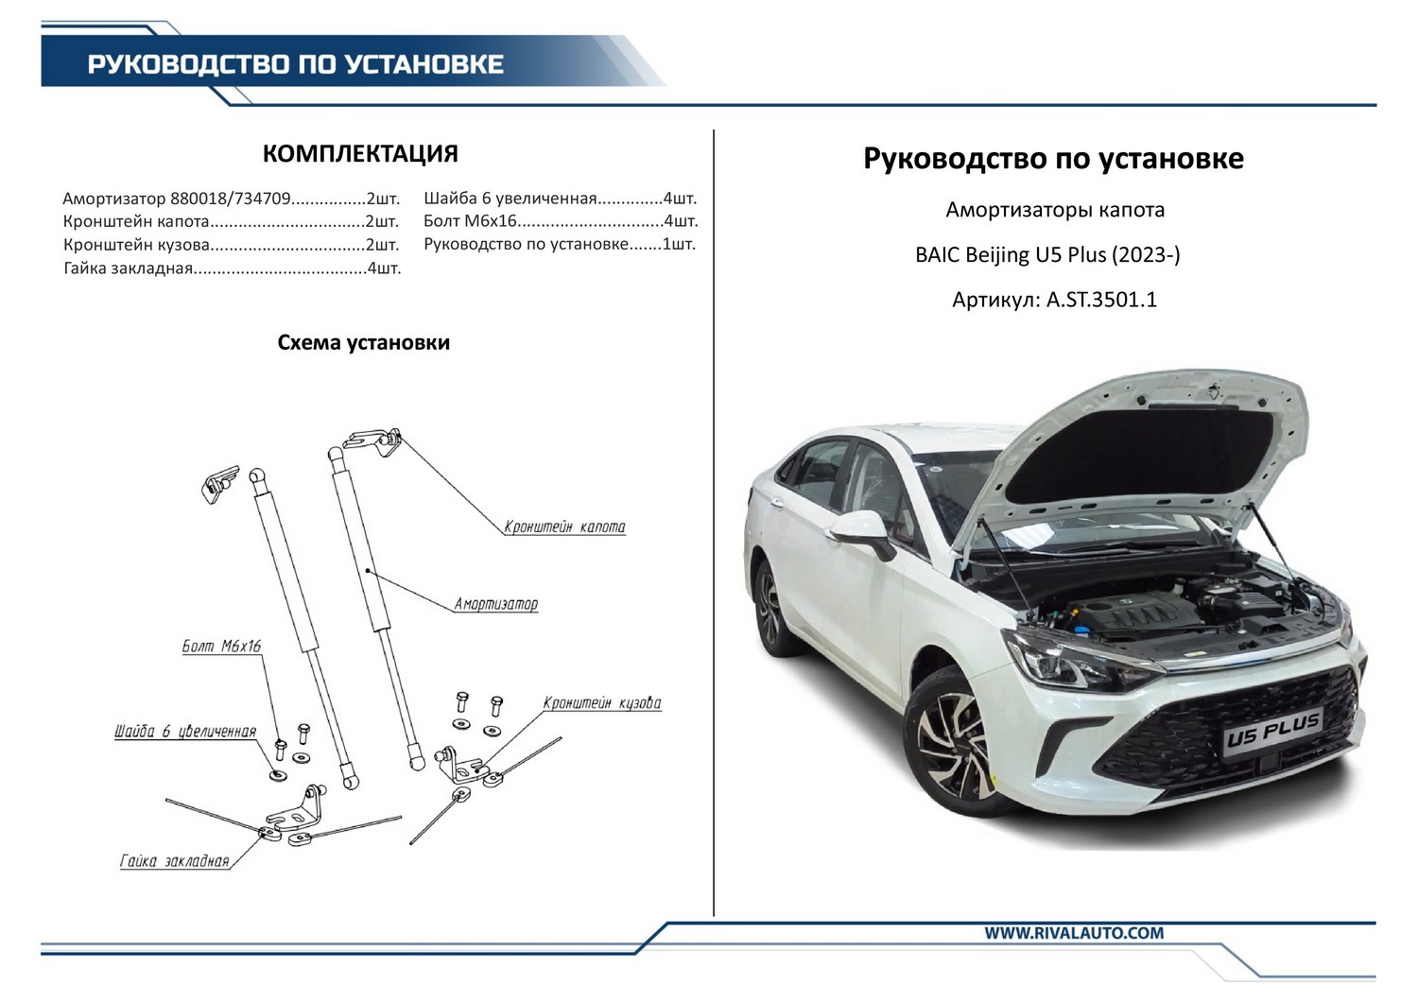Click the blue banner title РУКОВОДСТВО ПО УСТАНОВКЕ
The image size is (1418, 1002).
(x=296, y=64)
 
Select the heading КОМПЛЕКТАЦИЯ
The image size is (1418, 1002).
(x=360, y=154)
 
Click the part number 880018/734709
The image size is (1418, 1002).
(x=231, y=199)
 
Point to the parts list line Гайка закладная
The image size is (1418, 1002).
(x=232, y=268)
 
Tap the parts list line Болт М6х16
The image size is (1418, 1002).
(x=561, y=221)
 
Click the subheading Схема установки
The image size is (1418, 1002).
(x=363, y=342)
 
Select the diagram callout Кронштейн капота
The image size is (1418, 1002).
(x=564, y=527)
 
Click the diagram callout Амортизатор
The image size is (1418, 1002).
(x=495, y=604)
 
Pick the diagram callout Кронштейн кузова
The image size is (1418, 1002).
(x=602, y=702)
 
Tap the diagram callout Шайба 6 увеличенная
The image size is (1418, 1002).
(x=185, y=732)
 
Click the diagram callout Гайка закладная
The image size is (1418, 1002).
(x=174, y=861)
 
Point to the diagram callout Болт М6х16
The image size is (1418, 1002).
(x=221, y=647)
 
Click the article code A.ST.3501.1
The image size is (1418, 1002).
(x=1101, y=300)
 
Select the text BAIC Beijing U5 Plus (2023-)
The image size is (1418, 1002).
(x=1047, y=254)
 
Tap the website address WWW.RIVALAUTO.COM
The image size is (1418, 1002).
(x=1074, y=933)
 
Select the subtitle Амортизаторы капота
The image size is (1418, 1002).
(x=1055, y=210)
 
